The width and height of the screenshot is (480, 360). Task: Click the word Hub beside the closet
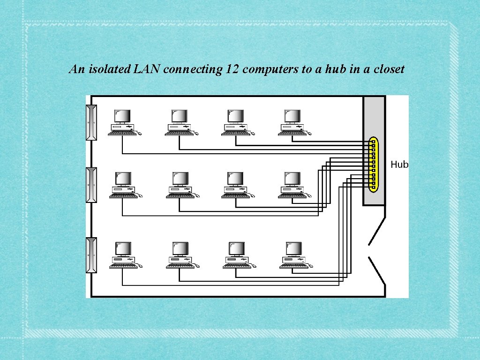pos(399,165)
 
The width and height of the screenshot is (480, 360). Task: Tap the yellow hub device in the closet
pos(373,164)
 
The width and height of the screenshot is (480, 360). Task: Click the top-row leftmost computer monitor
pos(122,116)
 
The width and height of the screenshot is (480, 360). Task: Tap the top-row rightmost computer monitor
pos(293,116)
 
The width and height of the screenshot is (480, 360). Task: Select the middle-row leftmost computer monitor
pos(123,179)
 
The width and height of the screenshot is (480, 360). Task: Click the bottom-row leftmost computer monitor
pos(123,248)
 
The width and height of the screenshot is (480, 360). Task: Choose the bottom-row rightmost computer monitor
pos(294,248)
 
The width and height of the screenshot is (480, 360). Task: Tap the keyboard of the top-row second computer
pos(179,133)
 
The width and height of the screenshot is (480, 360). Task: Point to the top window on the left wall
pos(91,122)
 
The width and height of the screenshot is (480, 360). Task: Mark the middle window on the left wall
pos(91,185)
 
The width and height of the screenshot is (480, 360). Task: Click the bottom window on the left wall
pos(91,255)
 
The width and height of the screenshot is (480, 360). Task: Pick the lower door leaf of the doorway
pos(377,270)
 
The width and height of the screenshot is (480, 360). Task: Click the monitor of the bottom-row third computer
pos(237,248)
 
